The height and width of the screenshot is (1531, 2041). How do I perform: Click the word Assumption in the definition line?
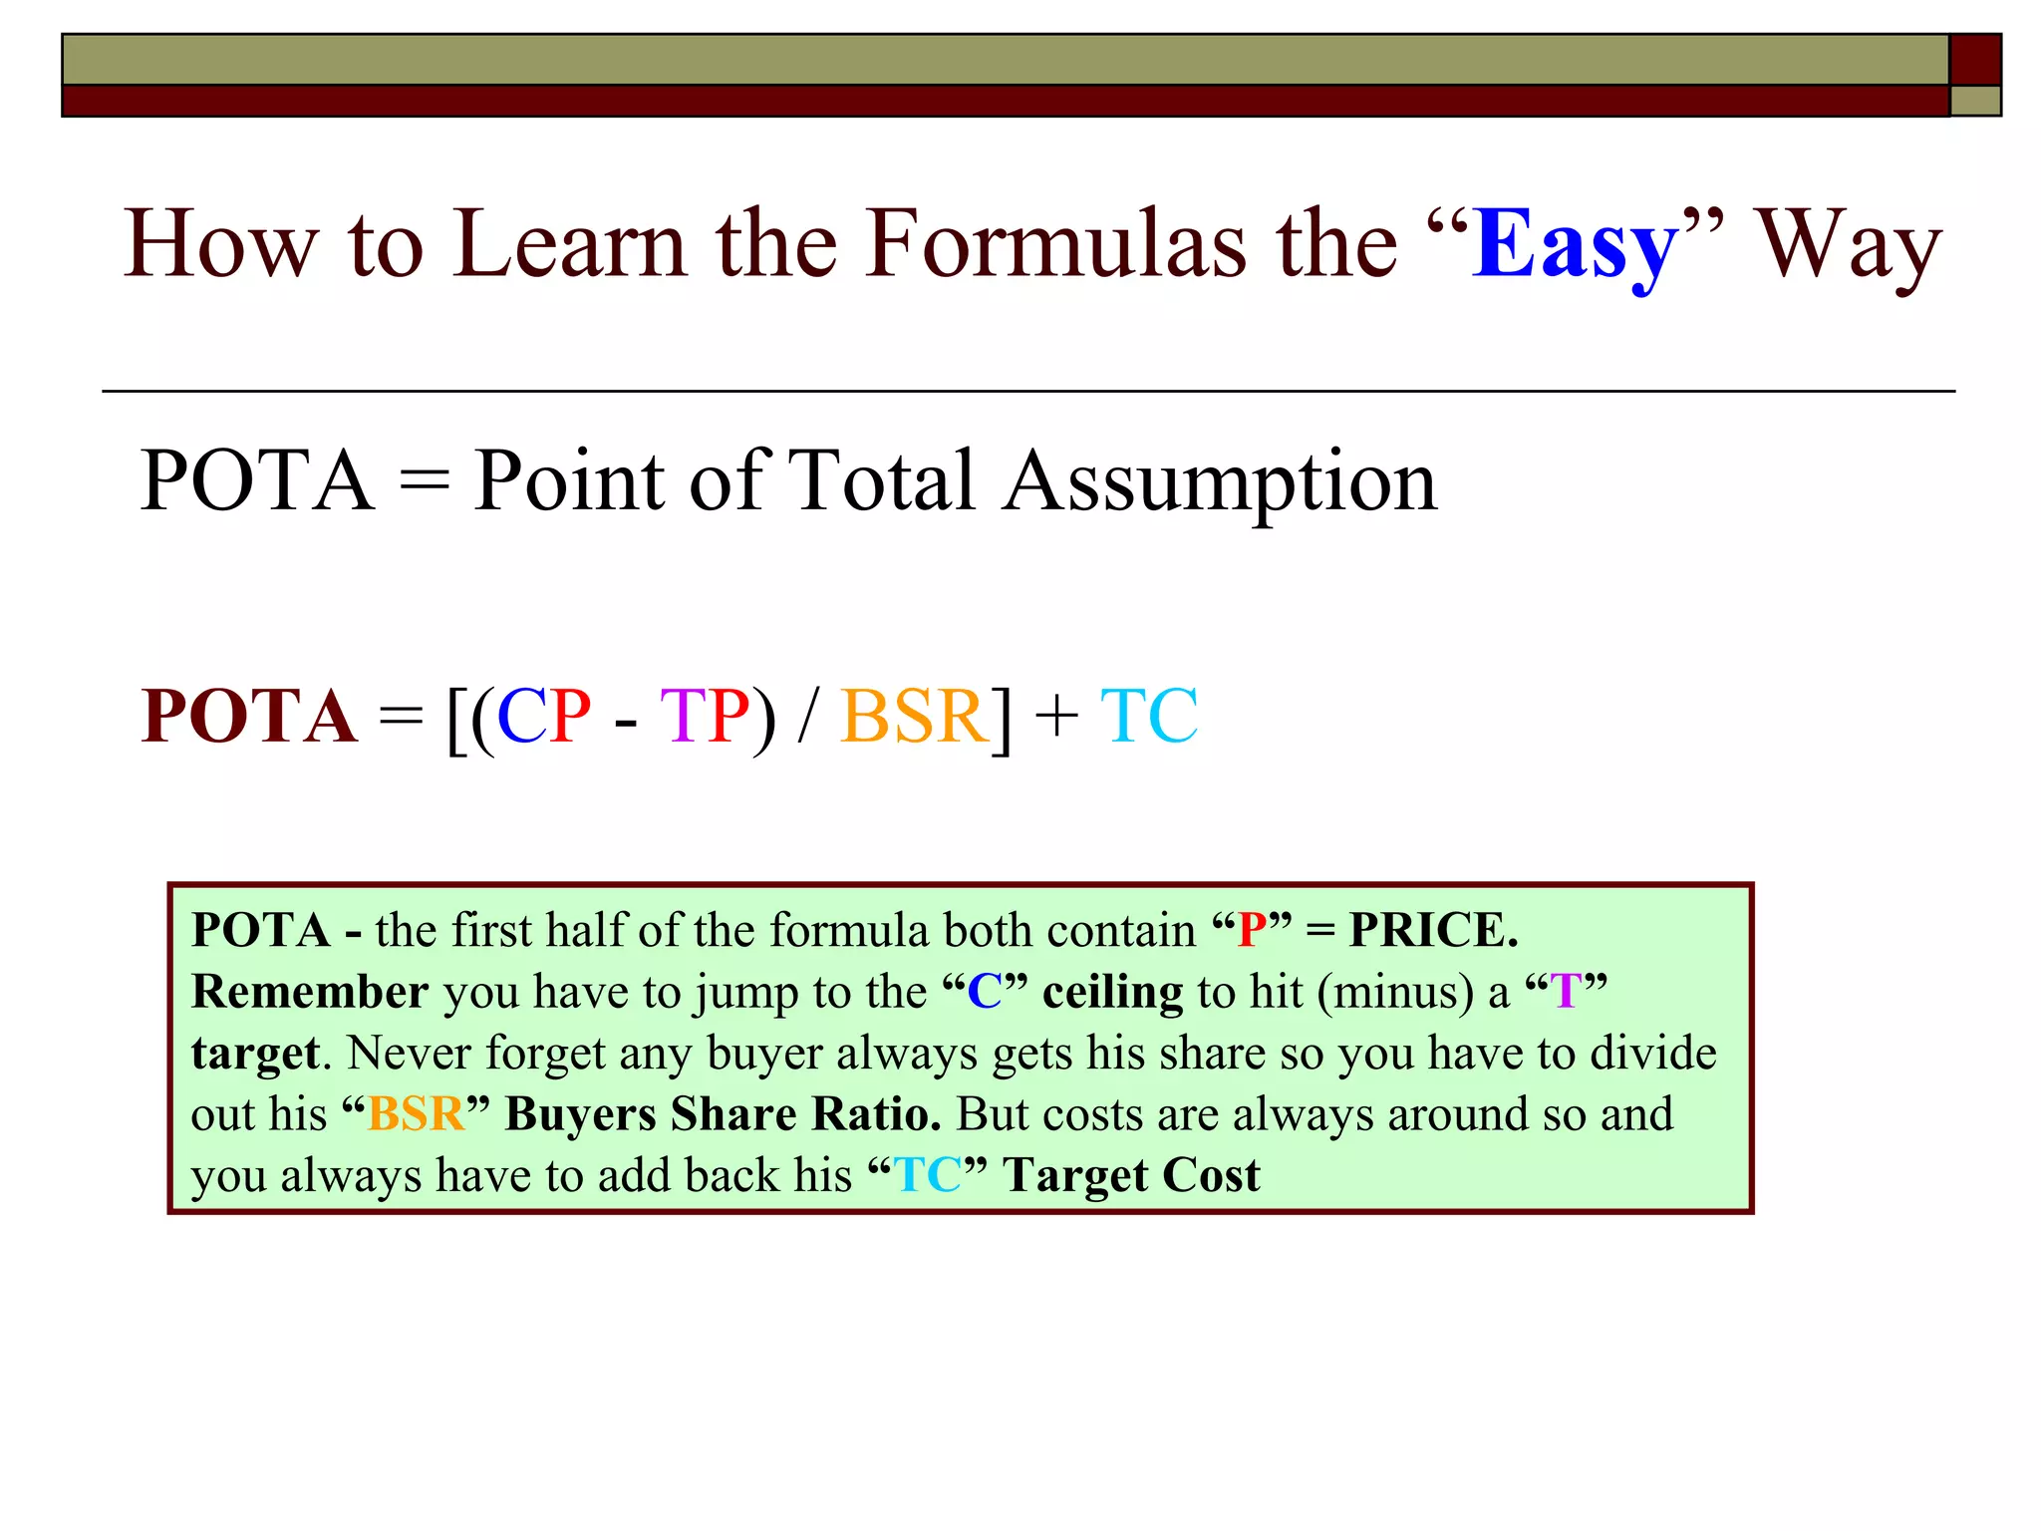(x=1220, y=481)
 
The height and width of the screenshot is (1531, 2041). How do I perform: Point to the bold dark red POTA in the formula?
(x=249, y=717)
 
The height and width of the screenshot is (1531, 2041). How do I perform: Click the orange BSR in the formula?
(x=915, y=717)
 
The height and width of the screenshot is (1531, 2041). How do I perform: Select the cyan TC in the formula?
(x=1149, y=717)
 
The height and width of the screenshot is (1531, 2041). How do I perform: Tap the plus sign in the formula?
(x=1056, y=717)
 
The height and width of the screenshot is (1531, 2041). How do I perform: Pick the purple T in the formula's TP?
(x=683, y=717)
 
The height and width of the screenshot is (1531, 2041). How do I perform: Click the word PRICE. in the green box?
(x=1433, y=930)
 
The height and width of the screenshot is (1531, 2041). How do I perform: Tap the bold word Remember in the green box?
(x=310, y=992)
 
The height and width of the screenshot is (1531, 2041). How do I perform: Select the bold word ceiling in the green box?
(x=1112, y=992)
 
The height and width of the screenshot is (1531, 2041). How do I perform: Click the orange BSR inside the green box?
(x=416, y=1114)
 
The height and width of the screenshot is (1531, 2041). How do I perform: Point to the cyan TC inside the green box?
(x=927, y=1175)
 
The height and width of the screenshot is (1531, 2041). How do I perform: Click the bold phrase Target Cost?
(x=1131, y=1175)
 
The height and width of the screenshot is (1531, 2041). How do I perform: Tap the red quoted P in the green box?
(x=1252, y=930)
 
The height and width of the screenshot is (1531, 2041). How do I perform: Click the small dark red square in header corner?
(x=1975, y=59)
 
